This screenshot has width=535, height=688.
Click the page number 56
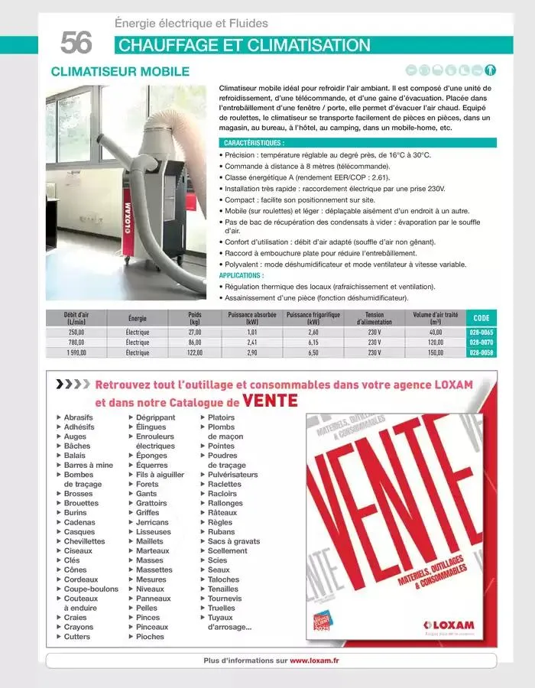tap(76, 43)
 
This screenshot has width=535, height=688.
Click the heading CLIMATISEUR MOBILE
tap(119, 72)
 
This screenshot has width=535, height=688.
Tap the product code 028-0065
tap(481, 333)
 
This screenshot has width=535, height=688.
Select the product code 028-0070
tap(481, 343)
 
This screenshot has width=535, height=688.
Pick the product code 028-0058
tap(481, 353)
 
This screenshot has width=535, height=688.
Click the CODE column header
tap(481, 318)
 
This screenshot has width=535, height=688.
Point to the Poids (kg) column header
tap(194, 318)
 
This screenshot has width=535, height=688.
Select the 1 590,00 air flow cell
tap(76, 353)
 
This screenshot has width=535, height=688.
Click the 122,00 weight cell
tap(194, 353)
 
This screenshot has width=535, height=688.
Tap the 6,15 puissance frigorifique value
tap(313, 343)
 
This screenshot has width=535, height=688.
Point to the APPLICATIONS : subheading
tap(241, 275)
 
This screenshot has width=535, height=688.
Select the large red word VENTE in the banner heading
tap(270, 401)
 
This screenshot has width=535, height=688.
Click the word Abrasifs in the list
tap(79, 417)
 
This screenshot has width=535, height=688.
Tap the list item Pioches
tap(150, 636)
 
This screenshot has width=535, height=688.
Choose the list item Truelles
tap(221, 608)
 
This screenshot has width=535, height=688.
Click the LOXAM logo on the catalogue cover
tap(449, 625)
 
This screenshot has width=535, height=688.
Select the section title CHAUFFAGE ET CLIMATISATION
tap(245, 45)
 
